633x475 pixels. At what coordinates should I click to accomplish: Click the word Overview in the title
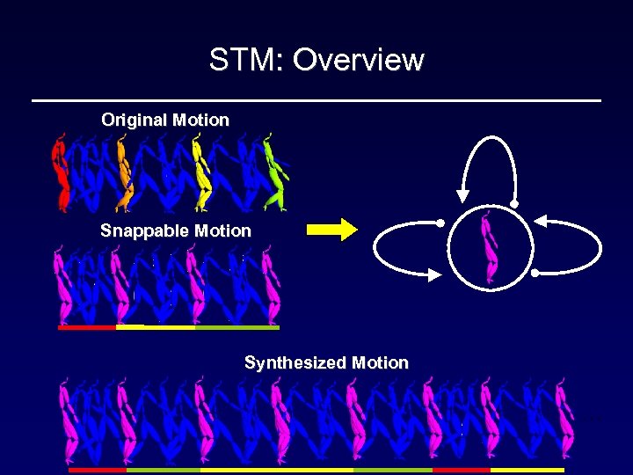click(x=358, y=60)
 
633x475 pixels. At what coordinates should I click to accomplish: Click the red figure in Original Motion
click(x=62, y=172)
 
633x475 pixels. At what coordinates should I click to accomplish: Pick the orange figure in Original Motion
click(x=124, y=172)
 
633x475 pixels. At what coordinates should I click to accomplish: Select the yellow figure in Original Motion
click(x=201, y=172)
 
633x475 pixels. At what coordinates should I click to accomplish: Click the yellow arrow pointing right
click(x=331, y=230)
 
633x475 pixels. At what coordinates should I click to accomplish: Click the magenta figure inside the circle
click(x=489, y=249)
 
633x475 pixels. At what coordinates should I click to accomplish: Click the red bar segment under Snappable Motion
click(x=86, y=327)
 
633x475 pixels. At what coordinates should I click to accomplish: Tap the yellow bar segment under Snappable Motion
click(x=156, y=327)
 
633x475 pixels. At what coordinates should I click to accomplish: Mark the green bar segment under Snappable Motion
click(x=237, y=327)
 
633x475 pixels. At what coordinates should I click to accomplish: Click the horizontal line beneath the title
click(x=316, y=101)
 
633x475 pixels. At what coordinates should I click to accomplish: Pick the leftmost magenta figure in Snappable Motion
click(x=63, y=286)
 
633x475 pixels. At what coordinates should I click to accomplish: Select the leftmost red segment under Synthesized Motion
click(x=98, y=470)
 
